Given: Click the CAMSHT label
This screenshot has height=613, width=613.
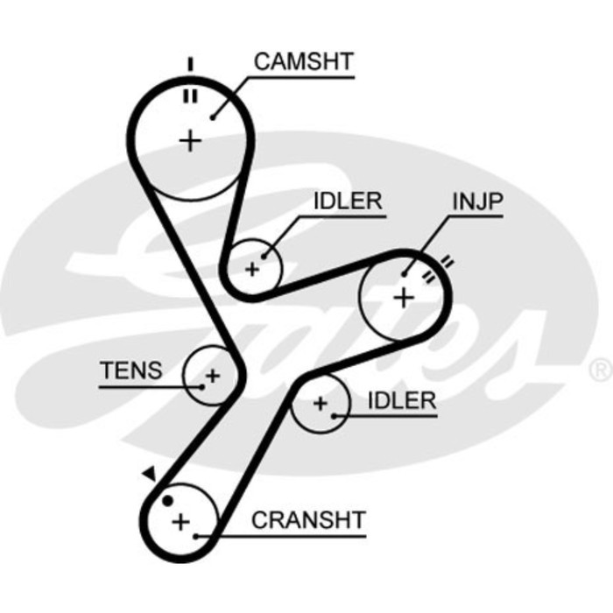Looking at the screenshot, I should (303, 61).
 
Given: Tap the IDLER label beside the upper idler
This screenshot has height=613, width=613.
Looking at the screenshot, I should (347, 201).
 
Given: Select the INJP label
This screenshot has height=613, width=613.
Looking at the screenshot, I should (477, 201).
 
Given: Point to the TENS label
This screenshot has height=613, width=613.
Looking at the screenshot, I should (130, 370).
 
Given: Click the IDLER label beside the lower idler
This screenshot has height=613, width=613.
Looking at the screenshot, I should (401, 401).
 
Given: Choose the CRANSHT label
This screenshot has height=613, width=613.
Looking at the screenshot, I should (307, 519).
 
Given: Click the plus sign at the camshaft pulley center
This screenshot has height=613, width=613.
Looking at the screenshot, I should (190, 140).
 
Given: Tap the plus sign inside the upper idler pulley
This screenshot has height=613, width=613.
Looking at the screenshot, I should (252, 269).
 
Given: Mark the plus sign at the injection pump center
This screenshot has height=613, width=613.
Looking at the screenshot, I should (403, 297).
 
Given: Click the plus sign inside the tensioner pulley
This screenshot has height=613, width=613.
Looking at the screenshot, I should (211, 377).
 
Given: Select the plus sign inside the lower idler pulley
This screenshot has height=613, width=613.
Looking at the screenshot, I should (320, 404).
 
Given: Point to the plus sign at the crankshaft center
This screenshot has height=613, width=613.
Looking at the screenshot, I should (180, 523).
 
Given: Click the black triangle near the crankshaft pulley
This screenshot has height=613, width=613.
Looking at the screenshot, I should (149, 474).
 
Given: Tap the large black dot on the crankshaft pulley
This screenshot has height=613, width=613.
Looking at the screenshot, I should (167, 501).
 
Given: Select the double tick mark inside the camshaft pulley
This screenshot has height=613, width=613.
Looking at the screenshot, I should (189, 95).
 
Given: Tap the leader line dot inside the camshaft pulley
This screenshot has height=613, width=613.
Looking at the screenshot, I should (213, 115).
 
